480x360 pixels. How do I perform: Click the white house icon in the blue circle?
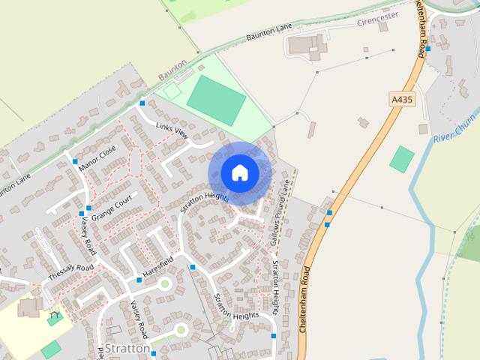[240, 173]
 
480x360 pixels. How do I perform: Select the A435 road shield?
[402, 98]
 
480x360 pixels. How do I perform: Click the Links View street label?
[174, 132]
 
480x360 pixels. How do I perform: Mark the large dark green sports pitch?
[217, 100]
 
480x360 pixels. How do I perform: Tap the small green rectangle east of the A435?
[402, 158]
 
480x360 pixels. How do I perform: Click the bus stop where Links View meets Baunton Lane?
[142, 103]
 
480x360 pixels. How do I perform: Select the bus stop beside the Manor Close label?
[75, 161]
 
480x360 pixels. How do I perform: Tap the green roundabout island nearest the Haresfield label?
[164, 283]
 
